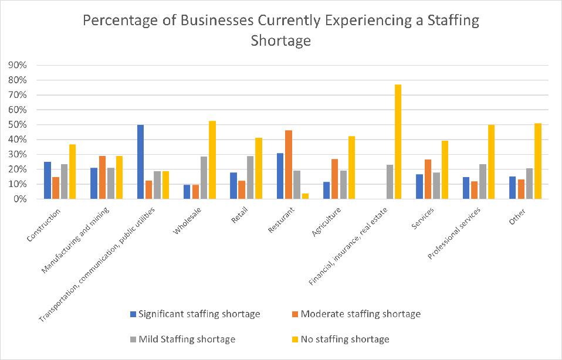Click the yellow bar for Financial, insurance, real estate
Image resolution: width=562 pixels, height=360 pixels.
click(x=398, y=142)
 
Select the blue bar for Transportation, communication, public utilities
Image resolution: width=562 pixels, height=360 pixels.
click(x=141, y=162)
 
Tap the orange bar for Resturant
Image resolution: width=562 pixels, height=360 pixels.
click(x=289, y=165)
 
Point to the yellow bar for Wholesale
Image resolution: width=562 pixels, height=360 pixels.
click(x=213, y=160)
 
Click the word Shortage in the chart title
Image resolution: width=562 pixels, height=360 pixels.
click(x=280, y=42)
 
